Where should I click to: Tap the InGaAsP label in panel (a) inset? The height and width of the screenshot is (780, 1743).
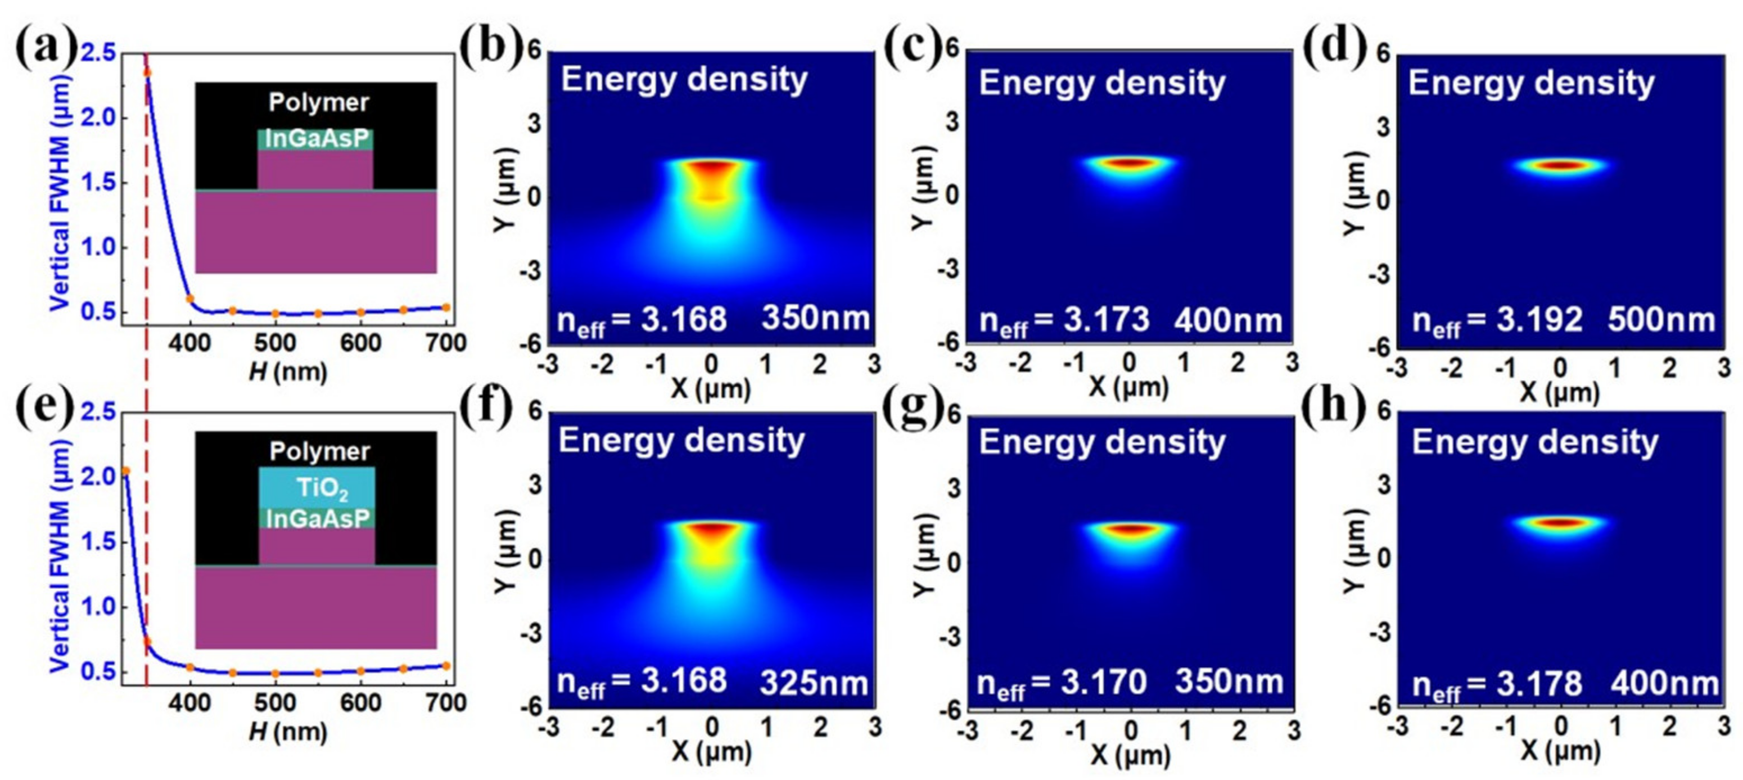pyautogui.click(x=317, y=139)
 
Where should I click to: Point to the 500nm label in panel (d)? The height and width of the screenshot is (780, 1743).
pyautogui.click(x=1661, y=320)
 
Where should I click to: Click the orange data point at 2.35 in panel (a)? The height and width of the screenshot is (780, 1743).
pyautogui.click(x=147, y=73)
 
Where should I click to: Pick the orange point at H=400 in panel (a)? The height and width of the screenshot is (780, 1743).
pyautogui.click(x=190, y=298)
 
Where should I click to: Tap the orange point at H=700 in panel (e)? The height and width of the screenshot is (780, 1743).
pyautogui.click(x=446, y=666)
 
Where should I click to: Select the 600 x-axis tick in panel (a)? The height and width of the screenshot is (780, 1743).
pyautogui.click(x=360, y=343)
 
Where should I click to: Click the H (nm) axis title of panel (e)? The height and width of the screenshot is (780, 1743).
pyautogui.click(x=287, y=733)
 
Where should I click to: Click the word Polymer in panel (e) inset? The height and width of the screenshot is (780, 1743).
pyautogui.click(x=319, y=451)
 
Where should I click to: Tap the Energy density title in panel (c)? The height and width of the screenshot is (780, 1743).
pyautogui.click(x=1101, y=83)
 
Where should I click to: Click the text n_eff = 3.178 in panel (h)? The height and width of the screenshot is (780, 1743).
pyautogui.click(x=1497, y=684)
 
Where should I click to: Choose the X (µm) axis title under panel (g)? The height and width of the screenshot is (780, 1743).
pyautogui.click(x=1130, y=754)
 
